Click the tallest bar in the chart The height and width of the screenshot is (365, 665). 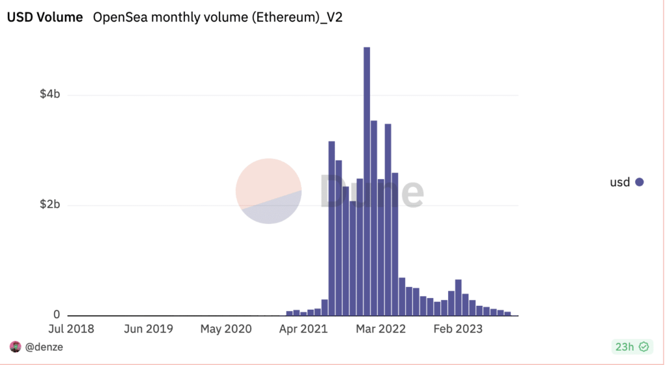coord(367,182)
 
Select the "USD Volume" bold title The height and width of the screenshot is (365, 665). coord(45,18)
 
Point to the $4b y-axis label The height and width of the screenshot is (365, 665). coord(50,95)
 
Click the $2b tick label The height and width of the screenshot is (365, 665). coord(50,205)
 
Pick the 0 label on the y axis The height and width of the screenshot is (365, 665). coord(56,315)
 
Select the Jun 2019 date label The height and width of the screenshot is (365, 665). coord(148,329)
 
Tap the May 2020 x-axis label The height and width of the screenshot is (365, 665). coord(226,329)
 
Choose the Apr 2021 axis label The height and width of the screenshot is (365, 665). coord(303,329)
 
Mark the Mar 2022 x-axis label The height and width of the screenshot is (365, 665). coord(381,329)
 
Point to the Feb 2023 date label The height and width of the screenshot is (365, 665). coord(458,329)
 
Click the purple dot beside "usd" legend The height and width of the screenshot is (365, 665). coord(639,182)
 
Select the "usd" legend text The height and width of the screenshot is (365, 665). coord(620,182)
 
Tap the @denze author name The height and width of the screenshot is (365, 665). coord(44,347)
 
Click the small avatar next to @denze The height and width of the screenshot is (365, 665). coord(16,347)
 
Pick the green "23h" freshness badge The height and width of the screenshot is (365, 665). coord(630,347)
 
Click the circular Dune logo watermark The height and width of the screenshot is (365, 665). coord(268,191)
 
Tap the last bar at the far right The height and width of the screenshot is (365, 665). coord(508,314)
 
